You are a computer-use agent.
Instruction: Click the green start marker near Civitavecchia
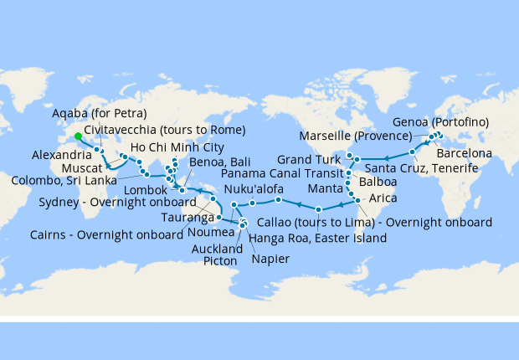(x=78, y=136)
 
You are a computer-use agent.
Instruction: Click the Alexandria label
(x=59, y=154)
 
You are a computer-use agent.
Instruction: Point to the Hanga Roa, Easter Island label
(x=318, y=239)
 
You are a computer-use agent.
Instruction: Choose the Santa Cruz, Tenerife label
(x=433, y=168)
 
